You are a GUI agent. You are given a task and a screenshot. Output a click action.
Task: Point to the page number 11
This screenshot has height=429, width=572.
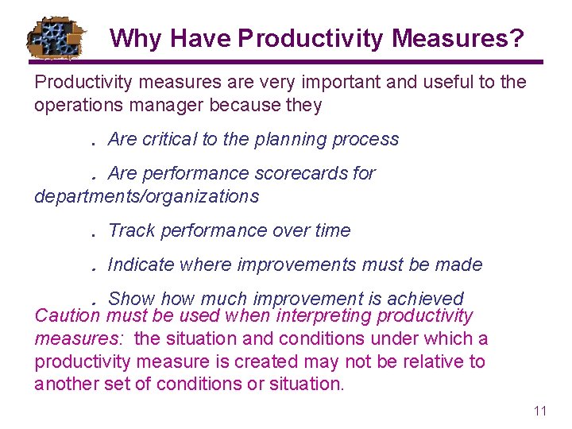pos(540,411)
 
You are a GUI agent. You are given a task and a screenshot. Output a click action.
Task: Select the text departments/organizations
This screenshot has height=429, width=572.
pos(146,195)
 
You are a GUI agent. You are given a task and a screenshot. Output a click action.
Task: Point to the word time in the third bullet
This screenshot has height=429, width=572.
pos(332,230)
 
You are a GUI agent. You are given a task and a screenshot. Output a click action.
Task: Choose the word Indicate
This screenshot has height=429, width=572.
pos(141,265)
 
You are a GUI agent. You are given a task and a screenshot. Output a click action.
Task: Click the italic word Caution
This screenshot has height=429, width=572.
pos(67,316)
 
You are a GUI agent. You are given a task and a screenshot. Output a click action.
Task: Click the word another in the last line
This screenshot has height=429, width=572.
pos(67,385)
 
